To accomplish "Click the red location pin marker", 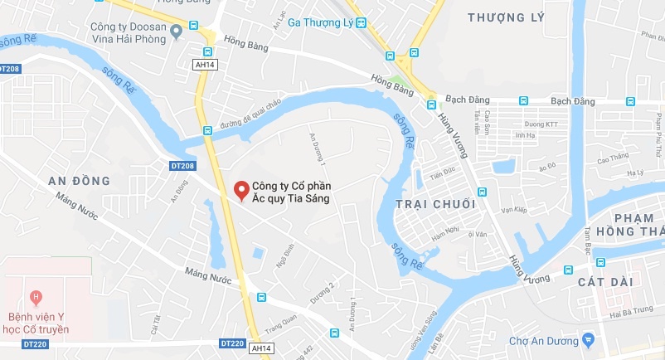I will tap(241, 191).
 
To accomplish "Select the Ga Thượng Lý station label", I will tap(319, 22).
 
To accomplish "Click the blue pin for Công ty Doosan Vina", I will tap(176, 32).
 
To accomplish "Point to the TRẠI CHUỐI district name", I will tap(435, 204).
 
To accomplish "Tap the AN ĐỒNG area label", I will tap(80, 181).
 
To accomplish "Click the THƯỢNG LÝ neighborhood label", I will tap(506, 17).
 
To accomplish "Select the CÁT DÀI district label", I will tap(604, 282).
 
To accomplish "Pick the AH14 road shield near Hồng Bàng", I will tap(206, 64).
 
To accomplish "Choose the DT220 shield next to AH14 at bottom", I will tap(233, 343).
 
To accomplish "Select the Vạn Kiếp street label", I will tap(514, 211).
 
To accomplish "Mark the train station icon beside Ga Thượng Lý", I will tap(361, 23).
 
